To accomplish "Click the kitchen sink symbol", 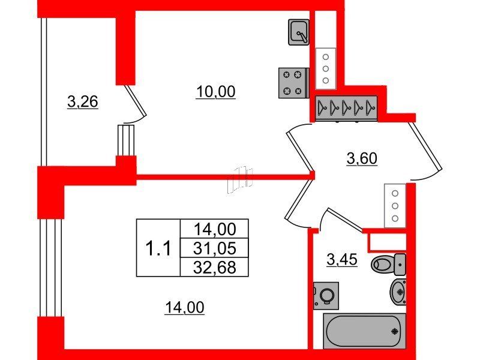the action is pyautogui.click(x=298, y=32).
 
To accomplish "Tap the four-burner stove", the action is pyautogui.click(x=293, y=83).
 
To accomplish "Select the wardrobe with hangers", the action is pyautogui.click(x=346, y=108).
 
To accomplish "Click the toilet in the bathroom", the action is pyautogui.click(x=388, y=264).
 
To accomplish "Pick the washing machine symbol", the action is pyautogui.click(x=326, y=296).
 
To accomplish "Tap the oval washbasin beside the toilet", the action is pyautogui.click(x=398, y=292).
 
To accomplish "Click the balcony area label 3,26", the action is pyautogui.click(x=83, y=102).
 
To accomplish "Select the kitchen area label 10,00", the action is pyautogui.click(x=216, y=92).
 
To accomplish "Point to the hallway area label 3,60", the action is pyautogui.click(x=362, y=159).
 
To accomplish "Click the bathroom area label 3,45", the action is pyautogui.click(x=342, y=260).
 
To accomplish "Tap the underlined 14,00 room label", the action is pyautogui.click(x=184, y=307).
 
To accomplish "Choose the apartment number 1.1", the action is pyautogui.click(x=158, y=248).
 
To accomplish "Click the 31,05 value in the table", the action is pyautogui.click(x=215, y=248).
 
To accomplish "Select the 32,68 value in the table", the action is pyautogui.click(x=215, y=267).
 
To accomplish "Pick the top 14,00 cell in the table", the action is pyautogui.click(x=215, y=229).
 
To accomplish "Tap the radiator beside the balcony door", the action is pyautogui.click(x=126, y=140).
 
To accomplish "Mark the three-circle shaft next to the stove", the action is pyautogui.click(x=326, y=68).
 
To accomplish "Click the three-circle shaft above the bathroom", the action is pyautogui.click(x=395, y=206).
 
